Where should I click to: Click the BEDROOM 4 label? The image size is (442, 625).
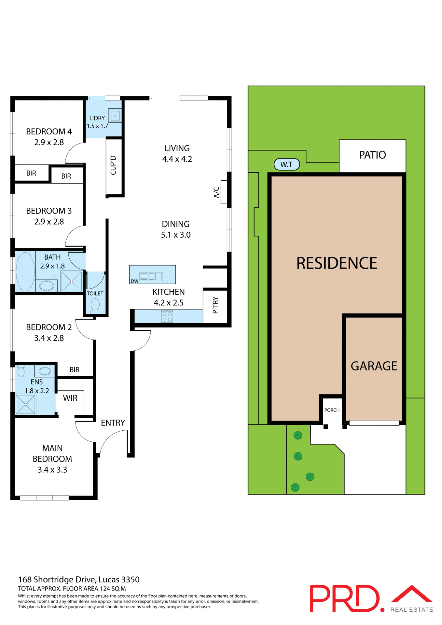(x=49, y=132)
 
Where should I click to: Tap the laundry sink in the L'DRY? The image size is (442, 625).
(x=115, y=116)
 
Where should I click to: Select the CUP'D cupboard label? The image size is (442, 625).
(x=113, y=165)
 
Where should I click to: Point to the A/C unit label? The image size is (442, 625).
(x=216, y=192)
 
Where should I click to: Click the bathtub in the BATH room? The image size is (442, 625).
(x=25, y=271)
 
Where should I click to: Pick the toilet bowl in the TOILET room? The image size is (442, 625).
(x=95, y=305)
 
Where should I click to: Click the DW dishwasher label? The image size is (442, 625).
(x=134, y=281)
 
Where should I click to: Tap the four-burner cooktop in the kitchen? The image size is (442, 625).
(x=167, y=316)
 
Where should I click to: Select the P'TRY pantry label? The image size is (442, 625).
(x=215, y=305)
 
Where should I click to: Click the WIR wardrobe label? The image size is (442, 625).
(x=70, y=398)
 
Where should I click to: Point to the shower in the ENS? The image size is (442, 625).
(x=25, y=404)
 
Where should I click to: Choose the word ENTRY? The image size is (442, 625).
(x=113, y=423)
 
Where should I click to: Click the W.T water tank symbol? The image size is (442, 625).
(x=286, y=164)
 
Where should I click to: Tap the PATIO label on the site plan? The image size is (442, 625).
(x=372, y=155)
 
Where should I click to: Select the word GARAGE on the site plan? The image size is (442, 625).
(x=374, y=366)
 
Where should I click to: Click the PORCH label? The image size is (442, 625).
(x=332, y=410)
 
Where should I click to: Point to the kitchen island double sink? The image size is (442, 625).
(x=155, y=276)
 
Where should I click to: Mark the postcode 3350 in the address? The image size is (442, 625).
(x=130, y=579)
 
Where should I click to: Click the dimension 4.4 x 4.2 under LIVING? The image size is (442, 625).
(x=177, y=159)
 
